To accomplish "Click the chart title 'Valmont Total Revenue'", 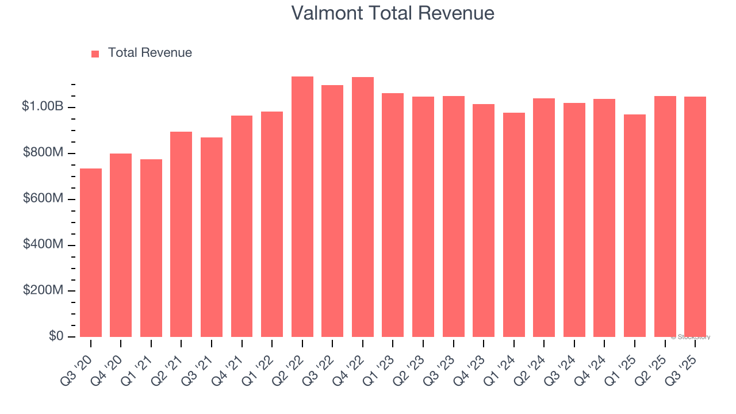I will tap(393, 13).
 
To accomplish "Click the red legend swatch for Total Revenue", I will tap(95, 53).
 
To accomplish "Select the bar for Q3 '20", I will tap(91, 253).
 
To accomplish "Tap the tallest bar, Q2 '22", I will tap(302, 207).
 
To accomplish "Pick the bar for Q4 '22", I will tap(363, 207).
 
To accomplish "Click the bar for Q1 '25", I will tap(635, 225).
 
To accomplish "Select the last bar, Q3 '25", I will tap(695, 217).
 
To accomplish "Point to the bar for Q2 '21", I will tap(181, 234).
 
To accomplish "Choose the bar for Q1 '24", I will tap(514, 225).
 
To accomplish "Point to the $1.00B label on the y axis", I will tap(43, 106).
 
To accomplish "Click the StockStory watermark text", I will tap(691, 337).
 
